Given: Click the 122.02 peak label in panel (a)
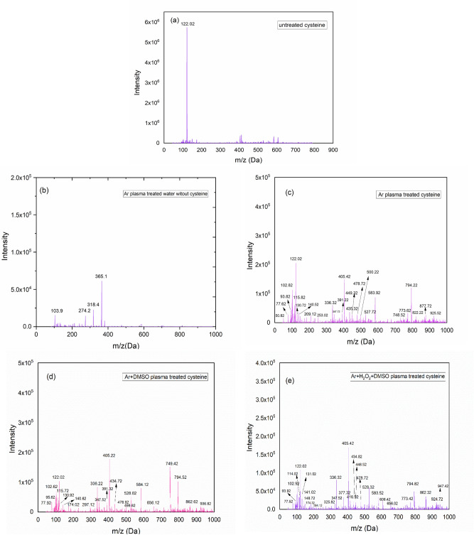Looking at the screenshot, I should [188, 23].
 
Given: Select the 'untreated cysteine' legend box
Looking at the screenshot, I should [301, 26].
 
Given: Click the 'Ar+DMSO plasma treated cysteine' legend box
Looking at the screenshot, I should [163, 375].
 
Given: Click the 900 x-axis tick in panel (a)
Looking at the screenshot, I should [332, 150].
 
